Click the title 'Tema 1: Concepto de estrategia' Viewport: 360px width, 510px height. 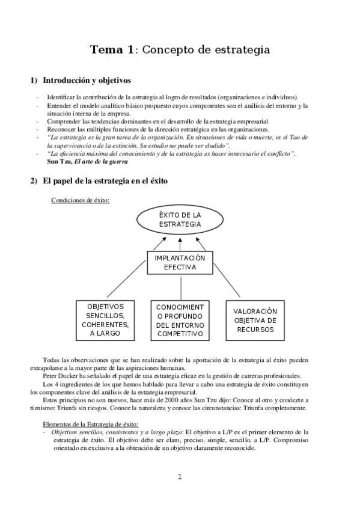coord(180,49)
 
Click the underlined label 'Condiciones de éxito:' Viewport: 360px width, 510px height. coord(81,200)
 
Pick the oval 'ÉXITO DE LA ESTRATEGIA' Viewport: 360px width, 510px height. coord(180,220)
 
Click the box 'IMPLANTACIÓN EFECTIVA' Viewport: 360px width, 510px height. coord(180,262)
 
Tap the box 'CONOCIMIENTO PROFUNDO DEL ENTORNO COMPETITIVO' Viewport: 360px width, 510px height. coord(180,319)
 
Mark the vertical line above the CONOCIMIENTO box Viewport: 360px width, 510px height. coord(180,286)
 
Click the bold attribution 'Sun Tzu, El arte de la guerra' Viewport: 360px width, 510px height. coord(89,161)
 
